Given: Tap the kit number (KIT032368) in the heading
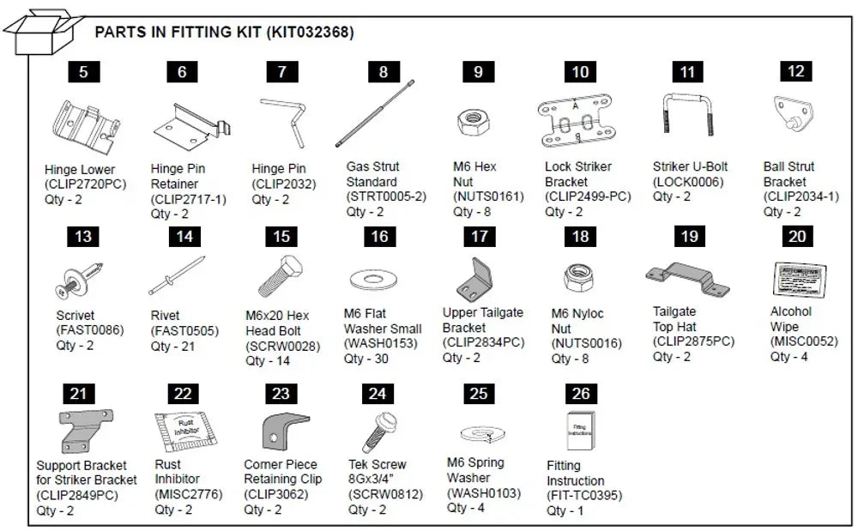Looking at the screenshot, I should pos(310,33).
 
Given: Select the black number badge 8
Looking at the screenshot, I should pos(383,72).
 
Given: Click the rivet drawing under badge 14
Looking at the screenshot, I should pos(177,276).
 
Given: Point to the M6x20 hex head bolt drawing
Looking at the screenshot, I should pos(280,277).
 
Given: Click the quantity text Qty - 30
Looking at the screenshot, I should pos(366,359).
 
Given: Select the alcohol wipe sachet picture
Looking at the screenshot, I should pos(795,277).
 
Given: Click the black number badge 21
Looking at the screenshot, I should pos(78,394).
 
